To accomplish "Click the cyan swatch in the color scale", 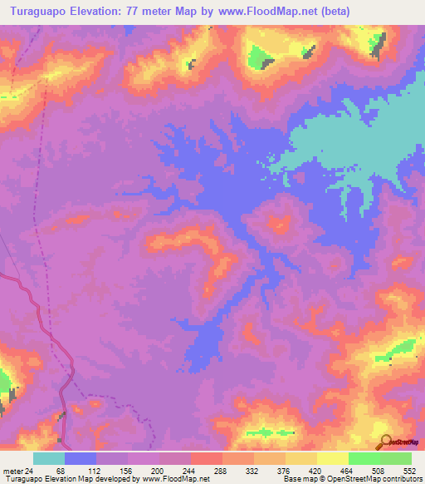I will [x=49, y=458].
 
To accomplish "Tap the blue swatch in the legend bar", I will [x=81, y=458].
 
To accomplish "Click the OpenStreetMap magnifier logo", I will [x=385, y=442].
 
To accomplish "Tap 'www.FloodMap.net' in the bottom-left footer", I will [x=170, y=478].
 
